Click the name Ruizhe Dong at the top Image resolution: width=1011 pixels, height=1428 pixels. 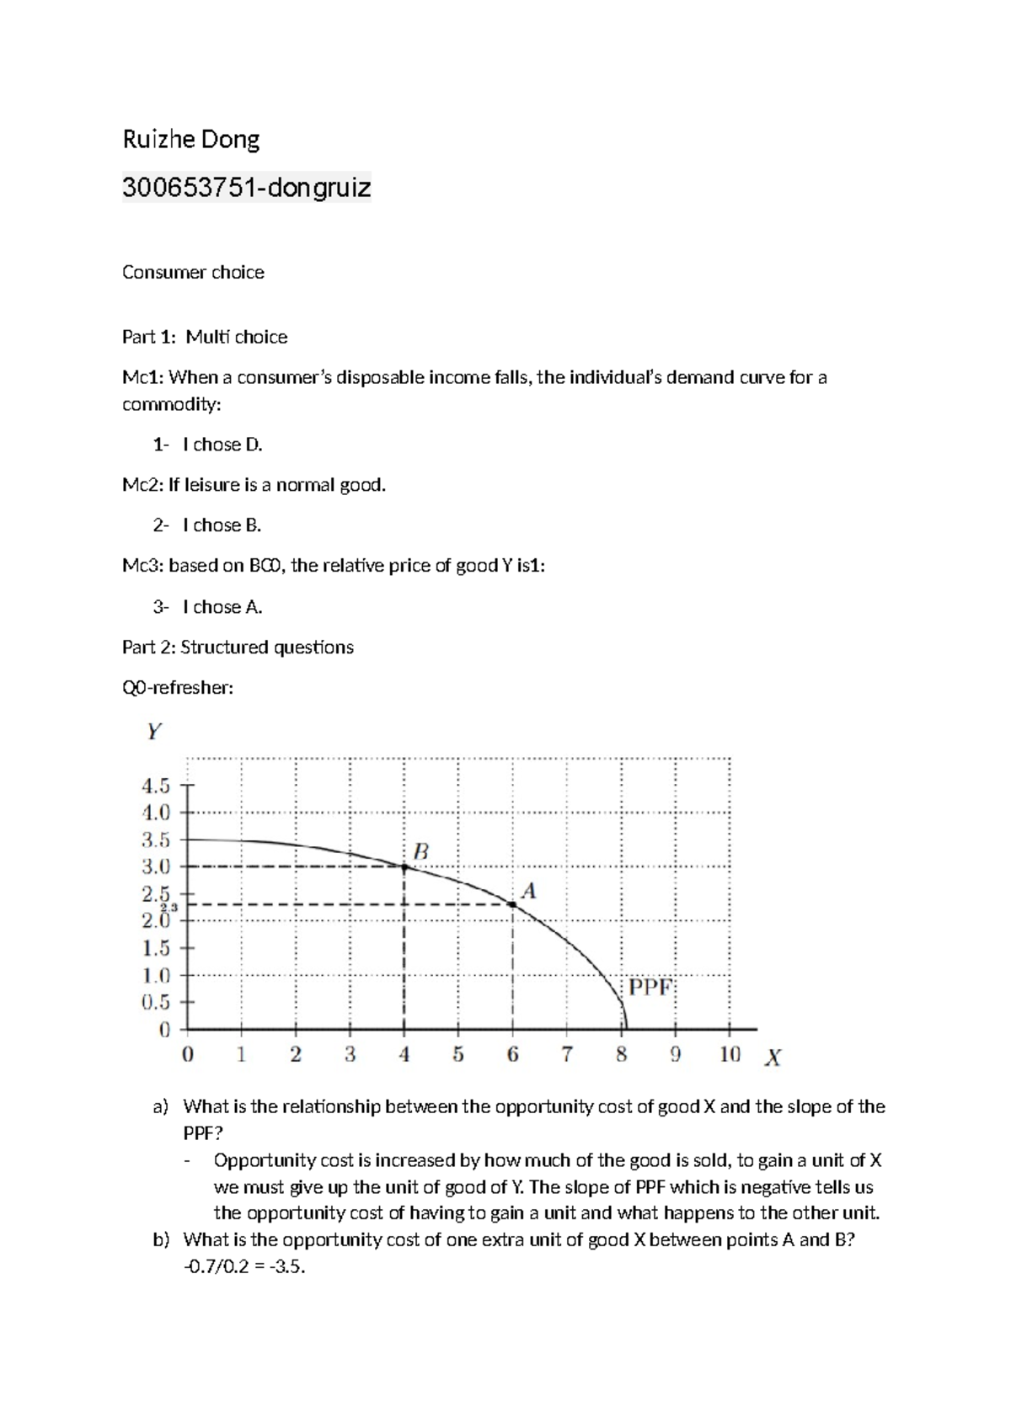[x=191, y=139]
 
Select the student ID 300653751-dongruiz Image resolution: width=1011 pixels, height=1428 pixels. [x=246, y=187]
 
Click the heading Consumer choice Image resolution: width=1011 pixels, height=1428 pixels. [x=193, y=272]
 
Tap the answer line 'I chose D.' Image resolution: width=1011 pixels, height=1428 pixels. [x=222, y=445]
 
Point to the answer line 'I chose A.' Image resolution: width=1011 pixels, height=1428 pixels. [x=222, y=607]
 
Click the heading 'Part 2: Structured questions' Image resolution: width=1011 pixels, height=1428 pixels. [x=238, y=647]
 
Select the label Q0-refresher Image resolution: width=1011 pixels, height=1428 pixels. [x=178, y=688]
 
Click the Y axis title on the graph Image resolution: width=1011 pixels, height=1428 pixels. [x=153, y=732]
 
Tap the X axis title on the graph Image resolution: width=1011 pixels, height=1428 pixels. [x=772, y=1058]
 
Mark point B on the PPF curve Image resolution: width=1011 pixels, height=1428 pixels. [x=404, y=866]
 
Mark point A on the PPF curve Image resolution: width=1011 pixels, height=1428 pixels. [x=512, y=904]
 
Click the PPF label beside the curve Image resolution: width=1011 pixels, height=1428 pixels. [x=650, y=987]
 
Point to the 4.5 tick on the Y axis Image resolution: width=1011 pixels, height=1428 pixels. [x=157, y=786]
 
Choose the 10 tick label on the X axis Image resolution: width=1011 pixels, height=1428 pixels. [x=730, y=1054]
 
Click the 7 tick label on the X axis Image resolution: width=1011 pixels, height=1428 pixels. [x=567, y=1054]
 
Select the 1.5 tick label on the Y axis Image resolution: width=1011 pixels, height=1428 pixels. [x=157, y=949]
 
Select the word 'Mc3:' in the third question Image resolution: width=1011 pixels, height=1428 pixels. [x=142, y=566]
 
